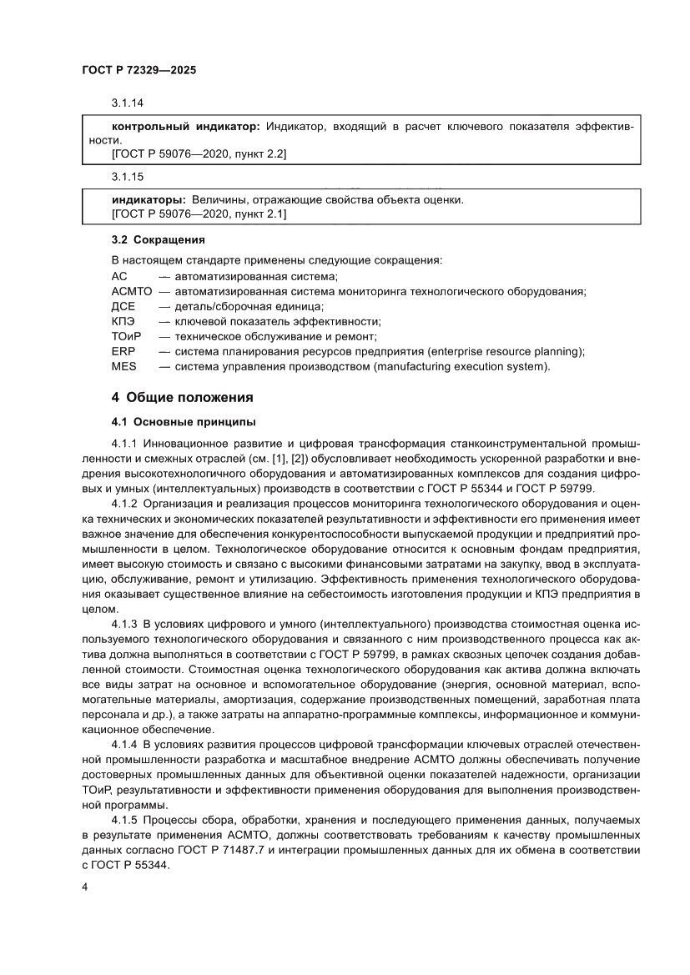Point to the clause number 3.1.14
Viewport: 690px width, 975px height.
(128, 104)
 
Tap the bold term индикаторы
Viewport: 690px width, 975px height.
(149, 200)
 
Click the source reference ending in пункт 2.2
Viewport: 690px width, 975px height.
(199, 154)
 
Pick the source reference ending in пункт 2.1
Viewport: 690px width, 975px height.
(199, 214)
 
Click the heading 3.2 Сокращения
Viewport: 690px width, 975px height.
(158, 241)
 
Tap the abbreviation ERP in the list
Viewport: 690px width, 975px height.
(123, 351)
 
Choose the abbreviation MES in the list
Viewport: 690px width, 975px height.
(123, 366)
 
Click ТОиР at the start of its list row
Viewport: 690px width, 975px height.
(127, 336)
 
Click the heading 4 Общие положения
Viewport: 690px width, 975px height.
(182, 397)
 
